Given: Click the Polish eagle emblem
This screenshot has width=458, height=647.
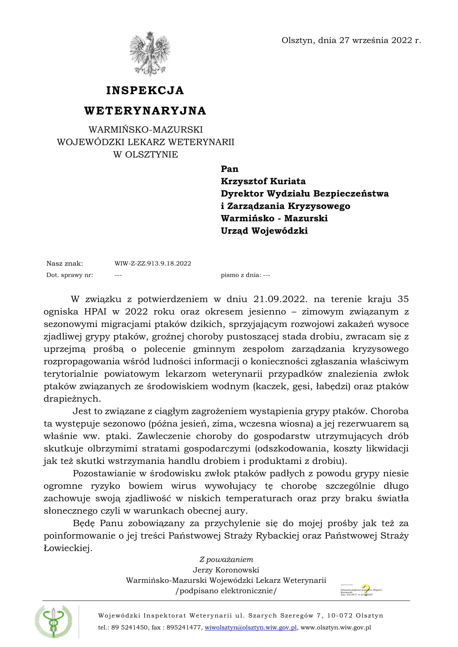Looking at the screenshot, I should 150,54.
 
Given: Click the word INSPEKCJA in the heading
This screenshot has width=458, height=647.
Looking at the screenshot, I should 145,90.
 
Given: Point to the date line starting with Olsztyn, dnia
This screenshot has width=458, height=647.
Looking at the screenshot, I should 351,40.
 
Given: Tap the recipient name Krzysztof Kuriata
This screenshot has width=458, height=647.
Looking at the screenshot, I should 263,181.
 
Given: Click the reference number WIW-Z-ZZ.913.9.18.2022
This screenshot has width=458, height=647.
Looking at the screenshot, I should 153,264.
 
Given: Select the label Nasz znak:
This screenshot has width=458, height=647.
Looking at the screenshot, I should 65,264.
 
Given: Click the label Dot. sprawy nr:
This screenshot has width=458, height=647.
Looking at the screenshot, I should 70,275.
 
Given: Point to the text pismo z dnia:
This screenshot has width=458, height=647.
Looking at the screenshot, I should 241,275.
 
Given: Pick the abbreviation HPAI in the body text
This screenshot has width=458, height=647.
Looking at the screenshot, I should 95,312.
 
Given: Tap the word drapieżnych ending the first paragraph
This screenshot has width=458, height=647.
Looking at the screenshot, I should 72,399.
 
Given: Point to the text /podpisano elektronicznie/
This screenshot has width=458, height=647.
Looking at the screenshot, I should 226,591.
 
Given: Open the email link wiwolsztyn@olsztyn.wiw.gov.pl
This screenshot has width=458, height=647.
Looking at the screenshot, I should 250,628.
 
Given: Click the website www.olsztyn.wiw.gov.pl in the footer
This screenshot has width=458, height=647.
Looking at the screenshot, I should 336,628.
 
